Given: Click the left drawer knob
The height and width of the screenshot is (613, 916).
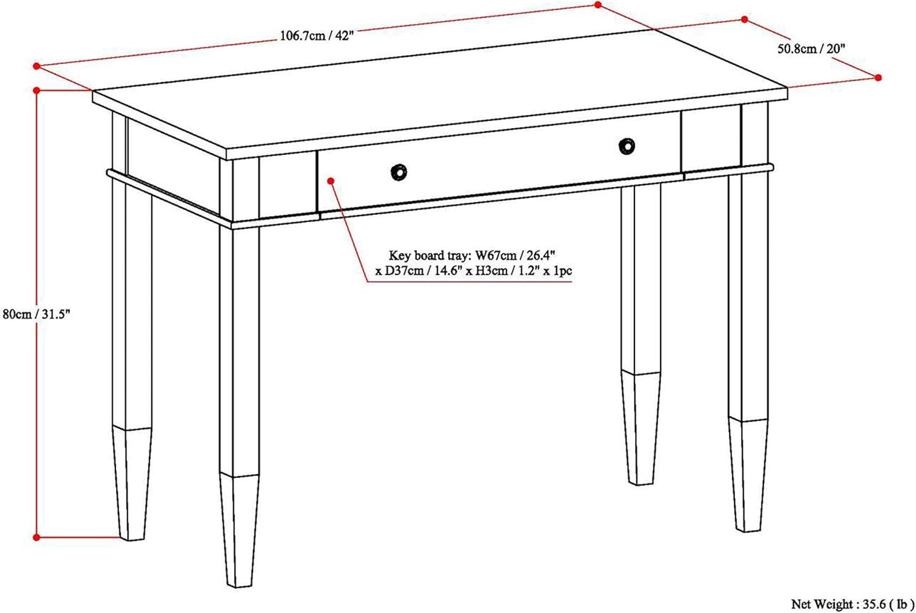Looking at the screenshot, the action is tap(398, 172).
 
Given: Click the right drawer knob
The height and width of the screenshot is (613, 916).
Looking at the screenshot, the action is tap(626, 146).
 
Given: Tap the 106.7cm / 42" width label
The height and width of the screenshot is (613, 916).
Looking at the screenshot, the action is tap(316, 35).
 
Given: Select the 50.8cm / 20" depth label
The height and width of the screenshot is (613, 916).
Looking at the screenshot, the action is tap(811, 49).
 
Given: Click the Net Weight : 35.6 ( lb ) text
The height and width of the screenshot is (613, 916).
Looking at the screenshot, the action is tap(852, 603).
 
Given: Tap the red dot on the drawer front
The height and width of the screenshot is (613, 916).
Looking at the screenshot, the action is tap(331, 181).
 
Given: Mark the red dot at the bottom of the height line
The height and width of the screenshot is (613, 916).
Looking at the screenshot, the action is tap(36, 538).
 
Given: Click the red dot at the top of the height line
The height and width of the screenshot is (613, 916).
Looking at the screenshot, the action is tap(37, 91).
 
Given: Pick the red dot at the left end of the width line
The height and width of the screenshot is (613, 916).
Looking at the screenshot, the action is tap(37, 66).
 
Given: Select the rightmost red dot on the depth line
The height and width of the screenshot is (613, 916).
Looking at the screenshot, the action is tap(878, 78).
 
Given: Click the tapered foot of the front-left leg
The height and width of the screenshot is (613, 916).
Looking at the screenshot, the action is tap(239, 531).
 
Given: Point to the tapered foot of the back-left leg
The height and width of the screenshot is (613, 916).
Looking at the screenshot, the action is tap(132, 484).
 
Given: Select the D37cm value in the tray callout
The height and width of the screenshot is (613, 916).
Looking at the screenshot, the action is tap(404, 271).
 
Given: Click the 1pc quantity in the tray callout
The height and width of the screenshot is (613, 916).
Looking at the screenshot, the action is tap(563, 271).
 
